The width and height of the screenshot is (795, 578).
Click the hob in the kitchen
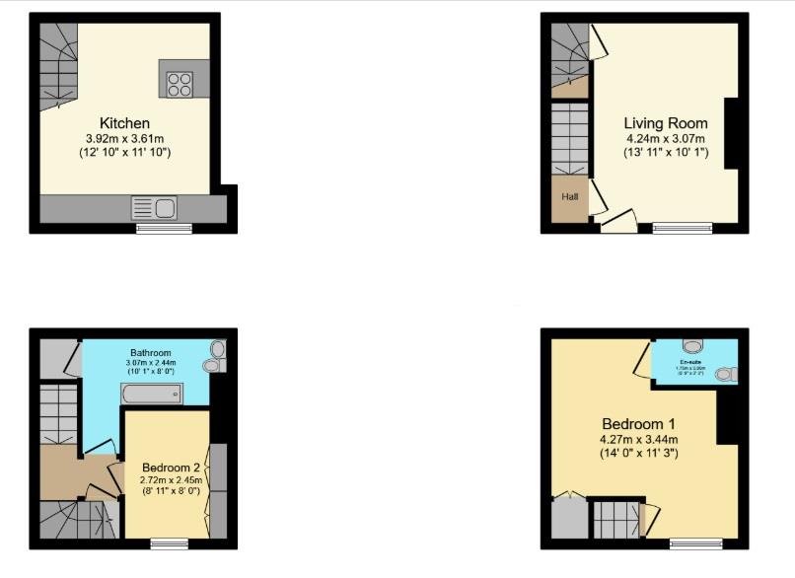180,83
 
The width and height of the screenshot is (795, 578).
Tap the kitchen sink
153,208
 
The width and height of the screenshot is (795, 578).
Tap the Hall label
570,196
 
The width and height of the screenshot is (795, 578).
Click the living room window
682,229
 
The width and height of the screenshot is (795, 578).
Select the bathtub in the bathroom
151,396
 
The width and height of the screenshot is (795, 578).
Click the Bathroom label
149,352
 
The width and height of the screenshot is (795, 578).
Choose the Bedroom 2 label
171,467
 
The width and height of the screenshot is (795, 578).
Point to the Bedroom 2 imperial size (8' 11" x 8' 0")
171,490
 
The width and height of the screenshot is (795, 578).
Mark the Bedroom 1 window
695,543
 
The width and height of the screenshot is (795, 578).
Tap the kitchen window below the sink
164,229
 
